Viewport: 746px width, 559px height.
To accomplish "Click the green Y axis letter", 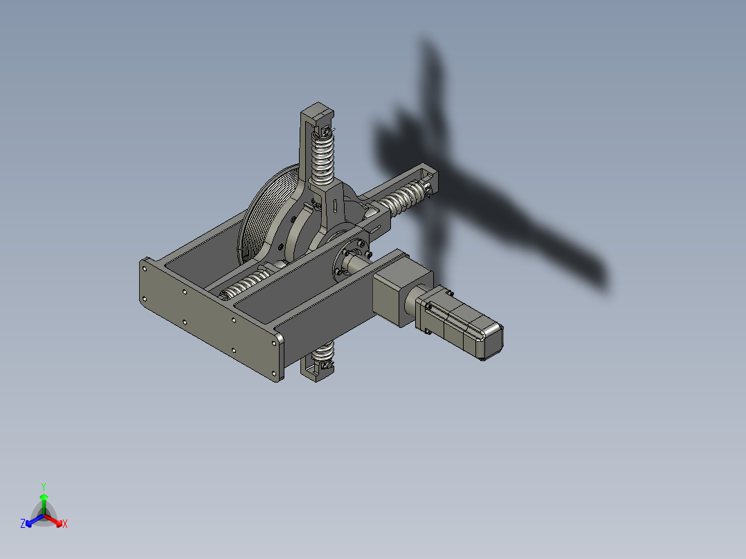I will pos(43,486).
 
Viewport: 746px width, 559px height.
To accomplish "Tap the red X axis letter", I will pos(64,524).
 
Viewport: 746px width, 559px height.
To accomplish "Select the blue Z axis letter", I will pos(23,524).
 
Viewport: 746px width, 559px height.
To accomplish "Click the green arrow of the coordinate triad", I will pos(43,501).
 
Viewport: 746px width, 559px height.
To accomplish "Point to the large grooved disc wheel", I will pos(266,214).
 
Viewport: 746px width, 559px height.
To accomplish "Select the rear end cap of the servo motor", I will pos(490,340).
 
